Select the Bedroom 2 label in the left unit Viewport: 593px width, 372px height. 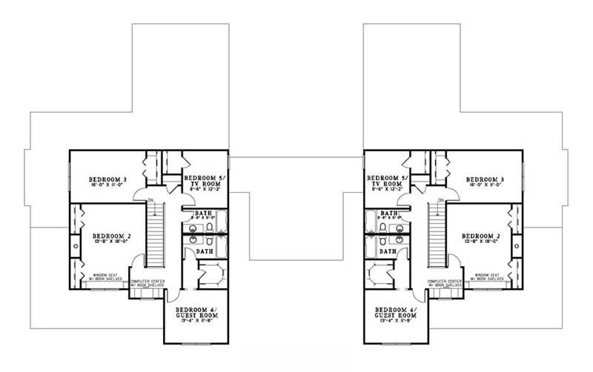point(113,235)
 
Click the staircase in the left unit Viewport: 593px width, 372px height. point(154,237)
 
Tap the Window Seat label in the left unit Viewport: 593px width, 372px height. point(106,276)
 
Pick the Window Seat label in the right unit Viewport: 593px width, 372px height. point(491,276)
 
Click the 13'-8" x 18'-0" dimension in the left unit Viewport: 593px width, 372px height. point(113,242)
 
